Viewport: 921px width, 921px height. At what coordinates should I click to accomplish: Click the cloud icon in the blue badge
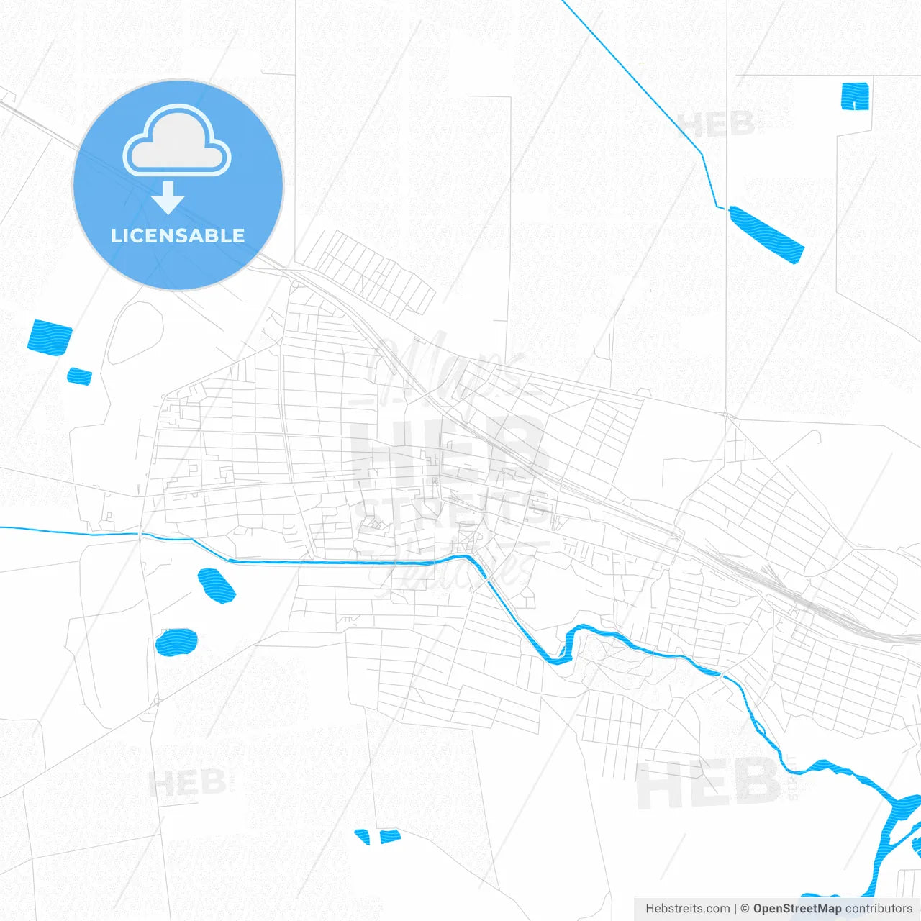click(177, 142)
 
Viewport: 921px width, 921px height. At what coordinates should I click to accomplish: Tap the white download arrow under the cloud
click(168, 198)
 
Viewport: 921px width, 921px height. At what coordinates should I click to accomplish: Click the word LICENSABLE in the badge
click(178, 235)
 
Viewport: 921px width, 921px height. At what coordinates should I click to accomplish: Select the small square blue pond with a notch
click(855, 96)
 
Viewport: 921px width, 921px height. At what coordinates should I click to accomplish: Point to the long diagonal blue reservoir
click(766, 235)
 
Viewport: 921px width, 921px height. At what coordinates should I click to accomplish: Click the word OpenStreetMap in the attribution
click(797, 909)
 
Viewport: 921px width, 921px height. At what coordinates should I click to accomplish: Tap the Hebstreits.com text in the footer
click(687, 909)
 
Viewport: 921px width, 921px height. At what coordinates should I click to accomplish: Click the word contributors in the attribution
click(879, 909)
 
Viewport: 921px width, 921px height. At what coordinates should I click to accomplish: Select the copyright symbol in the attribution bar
click(745, 909)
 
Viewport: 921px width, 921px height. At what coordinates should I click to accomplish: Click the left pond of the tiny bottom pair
click(363, 836)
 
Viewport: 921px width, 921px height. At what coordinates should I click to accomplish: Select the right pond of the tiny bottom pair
click(390, 836)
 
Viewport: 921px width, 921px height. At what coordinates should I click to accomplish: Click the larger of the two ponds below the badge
click(50, 337)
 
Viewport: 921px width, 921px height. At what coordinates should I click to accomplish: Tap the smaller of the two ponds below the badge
click(80, 376)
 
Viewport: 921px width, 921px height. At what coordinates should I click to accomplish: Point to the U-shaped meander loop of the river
click(561, 648)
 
